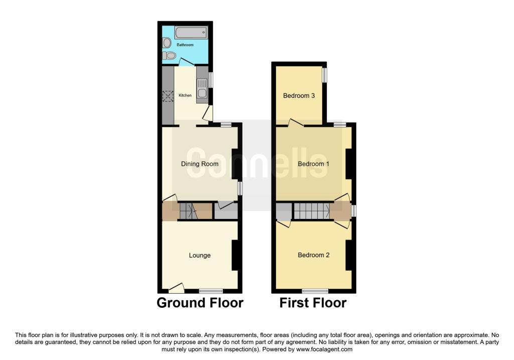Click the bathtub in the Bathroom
click(x=191, y=33)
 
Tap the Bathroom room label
click(x=185, y=45)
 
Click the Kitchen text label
click(x=185, y=95)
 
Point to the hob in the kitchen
click(x=168, y=96)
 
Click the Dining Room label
click(x=200, y=164)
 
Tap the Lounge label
click(x=200, y=255)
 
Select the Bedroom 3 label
click(x=299, y=95)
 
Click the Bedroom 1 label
click(x=313, y=164)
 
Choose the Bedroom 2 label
click(x=313, y=255)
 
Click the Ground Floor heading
click(x=200, y=303)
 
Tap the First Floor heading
click(x=313, y=303)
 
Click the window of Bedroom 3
click(x=325, y=75)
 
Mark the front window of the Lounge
click(x=211, y=291)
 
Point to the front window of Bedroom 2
click(x=315, y=291)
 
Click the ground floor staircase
click(x=188, y=211)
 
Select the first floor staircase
click(x=311, y=211)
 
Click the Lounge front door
click(x=176, y=288)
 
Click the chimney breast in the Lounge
click(x=235, y=256)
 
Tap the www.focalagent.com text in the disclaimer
click(x=324, y=349)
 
